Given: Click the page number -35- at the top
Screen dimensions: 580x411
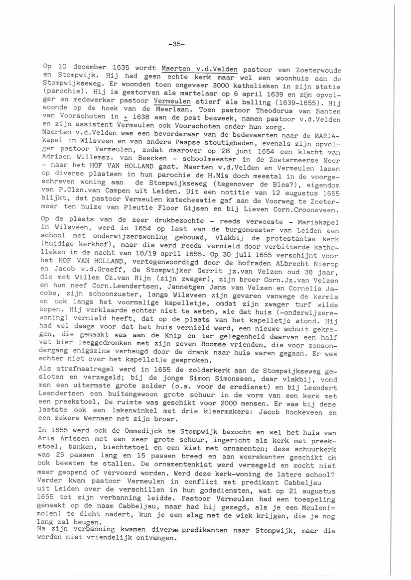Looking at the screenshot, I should click(x=176, y=44).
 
